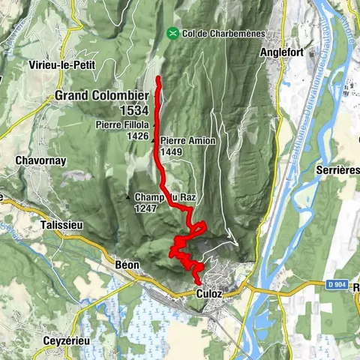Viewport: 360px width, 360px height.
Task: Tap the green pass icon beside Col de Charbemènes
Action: (173, 33)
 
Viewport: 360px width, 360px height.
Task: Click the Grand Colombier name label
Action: (101, 95)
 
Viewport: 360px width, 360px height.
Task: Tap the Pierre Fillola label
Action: (122, 124)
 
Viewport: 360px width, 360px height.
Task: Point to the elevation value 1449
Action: (171, 151)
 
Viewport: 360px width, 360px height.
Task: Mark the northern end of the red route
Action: (158, 79)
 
